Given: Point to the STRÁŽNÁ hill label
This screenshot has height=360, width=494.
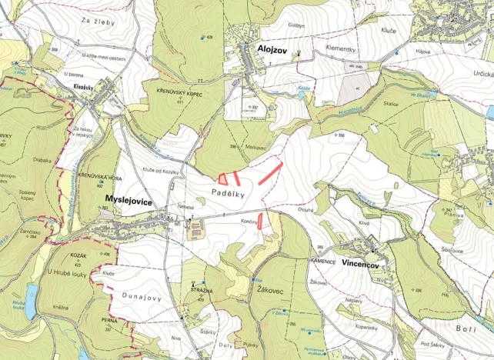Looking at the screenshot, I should (x=202, y=291).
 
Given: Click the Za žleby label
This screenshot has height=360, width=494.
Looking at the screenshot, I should (x=107, y=12).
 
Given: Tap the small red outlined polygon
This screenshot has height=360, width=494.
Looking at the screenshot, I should (x=223, y=178).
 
